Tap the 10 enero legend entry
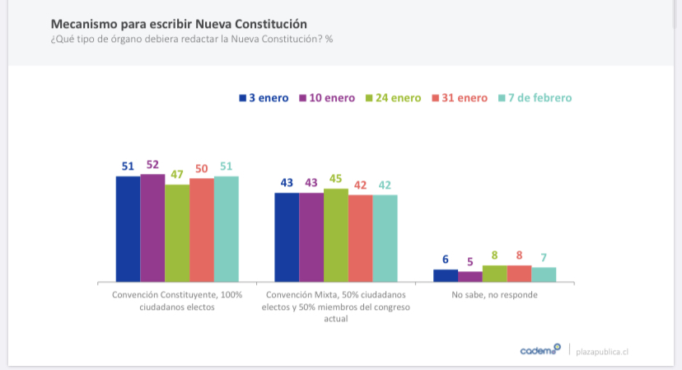coord(328,98)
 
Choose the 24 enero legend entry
coord(394,98)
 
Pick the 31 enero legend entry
coord(460,98)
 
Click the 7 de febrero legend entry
coord(535,98)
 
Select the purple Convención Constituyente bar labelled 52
coord(152,227)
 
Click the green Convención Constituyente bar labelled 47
coord(177,232)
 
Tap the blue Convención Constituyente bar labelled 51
coord(128,228)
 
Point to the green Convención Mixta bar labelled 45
coord(336,235)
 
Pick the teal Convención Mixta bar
coord(385,238)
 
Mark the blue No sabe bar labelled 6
coord(446,275)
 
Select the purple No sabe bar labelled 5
coord(470,276)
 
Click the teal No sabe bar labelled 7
coord(544,274)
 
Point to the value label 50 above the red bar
coord(201,169)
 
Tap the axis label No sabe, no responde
coord(495,294)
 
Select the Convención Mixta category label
coord(336,306)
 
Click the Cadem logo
coord(540,350)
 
